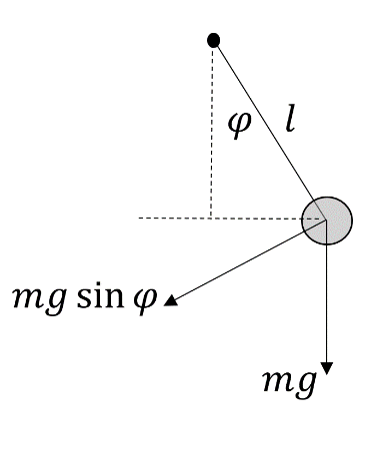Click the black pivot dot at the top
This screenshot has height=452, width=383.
pos(213,40)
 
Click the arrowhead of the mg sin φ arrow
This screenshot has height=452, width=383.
pos(171,299)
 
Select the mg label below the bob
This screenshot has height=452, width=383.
pos(288,383)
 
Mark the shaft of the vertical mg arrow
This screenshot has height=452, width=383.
pos(327,299)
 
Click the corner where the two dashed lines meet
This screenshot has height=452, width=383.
pos(212,217)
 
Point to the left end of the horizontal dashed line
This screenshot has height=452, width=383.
pos(140,217)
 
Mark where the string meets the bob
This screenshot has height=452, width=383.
pos(315,201)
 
